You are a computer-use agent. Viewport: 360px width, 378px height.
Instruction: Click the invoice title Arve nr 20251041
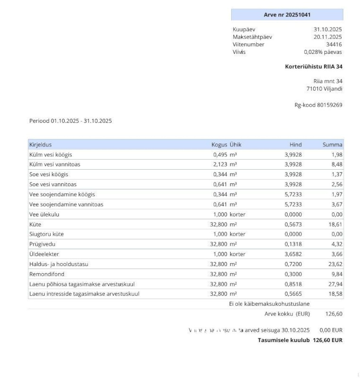(287, 15)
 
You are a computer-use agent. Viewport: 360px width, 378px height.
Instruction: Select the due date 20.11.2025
(327, 37)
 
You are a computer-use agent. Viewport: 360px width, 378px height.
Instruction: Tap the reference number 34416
(334, 44)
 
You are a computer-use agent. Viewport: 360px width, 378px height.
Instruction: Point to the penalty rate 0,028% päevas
(323, 52)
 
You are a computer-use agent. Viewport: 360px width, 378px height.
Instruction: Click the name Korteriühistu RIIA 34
(314, 67)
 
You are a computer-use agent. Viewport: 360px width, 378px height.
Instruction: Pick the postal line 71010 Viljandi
(324, 89)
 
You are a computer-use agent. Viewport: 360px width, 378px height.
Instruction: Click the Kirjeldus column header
(41, 145)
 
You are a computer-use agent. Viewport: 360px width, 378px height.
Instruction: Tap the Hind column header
(296, 145)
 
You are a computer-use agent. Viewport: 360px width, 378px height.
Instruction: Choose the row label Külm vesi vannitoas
(55, 164)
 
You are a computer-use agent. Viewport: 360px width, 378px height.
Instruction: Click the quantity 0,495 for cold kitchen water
(220, 155)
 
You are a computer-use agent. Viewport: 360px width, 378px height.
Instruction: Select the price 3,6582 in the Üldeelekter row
(293, 254)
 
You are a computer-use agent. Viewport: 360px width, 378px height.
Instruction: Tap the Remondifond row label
(47, 274)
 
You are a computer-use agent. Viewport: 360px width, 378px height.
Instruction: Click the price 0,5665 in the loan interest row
(293, 294)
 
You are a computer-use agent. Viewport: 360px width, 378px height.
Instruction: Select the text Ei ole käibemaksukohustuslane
(269, 304)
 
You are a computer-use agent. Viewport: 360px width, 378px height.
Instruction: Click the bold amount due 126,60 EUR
(327, 340)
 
